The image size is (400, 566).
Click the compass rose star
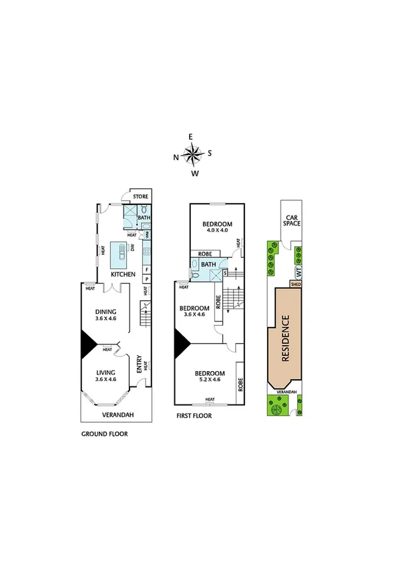pos(192,155)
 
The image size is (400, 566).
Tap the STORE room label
pos(140,196)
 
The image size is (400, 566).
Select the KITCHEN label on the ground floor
pos(123,274)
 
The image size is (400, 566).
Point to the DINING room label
pos(106,311)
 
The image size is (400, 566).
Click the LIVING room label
pos(106,372)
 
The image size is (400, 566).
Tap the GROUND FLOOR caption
pos(104,433)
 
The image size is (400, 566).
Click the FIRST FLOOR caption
pos(194,415)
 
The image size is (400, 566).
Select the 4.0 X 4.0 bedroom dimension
pos(217,230)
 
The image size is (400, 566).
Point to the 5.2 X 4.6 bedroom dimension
pos(209,380)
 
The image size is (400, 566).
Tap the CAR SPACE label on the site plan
pos(292,221)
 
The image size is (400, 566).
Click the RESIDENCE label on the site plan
pos(284,338)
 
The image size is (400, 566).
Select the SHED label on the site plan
pos(295,284)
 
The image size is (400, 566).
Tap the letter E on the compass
pos(191,137)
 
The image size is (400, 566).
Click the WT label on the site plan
pos(298,272)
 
